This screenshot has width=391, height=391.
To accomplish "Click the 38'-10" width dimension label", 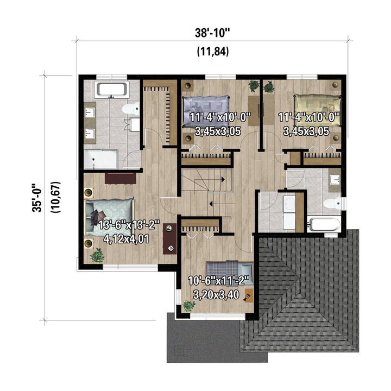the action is pyautogui.click(x=212, y=33).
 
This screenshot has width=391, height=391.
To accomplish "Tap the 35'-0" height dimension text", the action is pyautogui.click(x=37, y=198).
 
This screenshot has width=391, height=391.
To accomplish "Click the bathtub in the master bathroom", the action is pyautogui.click(x=112, y=89).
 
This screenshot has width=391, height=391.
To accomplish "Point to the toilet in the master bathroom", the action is pyautogui.click(x=131, y=109).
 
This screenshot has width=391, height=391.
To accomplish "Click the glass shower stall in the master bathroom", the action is pyautogui.click(x=101, y=159).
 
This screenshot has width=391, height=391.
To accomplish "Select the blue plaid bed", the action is pyautogui.click(x=229, y=273).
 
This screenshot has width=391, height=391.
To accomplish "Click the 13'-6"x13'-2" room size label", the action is pyautogui.click(x=129, y=225).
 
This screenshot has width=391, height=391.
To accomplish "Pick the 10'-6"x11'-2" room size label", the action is pyautogui.click(x=219, y=281).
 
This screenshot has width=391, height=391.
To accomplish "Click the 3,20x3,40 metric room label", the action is pyautogui.click(x=216, y=295).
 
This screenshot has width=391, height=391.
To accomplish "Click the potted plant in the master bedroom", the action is pyautogui.click(x=97, y=255).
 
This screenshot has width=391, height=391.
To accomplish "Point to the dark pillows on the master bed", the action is pyautogui.click(x=97, y=216).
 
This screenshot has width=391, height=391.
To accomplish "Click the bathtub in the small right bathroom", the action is pyautogui.click(x=324, y=225).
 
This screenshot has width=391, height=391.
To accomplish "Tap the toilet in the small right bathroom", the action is pyautogui.click(x=333, y=203).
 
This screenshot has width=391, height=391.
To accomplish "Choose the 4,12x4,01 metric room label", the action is pyautogui.click(x=126, y=239).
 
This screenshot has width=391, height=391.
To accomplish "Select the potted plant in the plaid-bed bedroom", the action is pyautogui.click(x=189, y=305).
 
